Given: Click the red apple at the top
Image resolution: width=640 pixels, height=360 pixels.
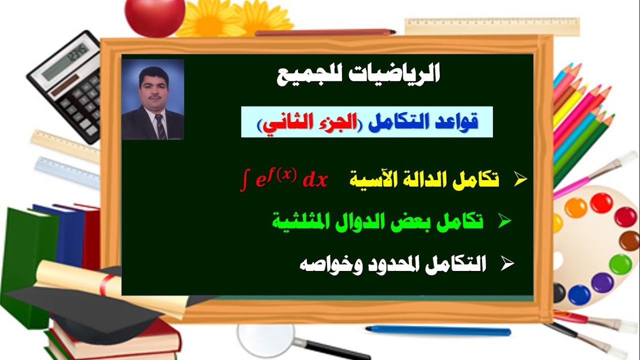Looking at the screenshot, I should click(x=154, y=16).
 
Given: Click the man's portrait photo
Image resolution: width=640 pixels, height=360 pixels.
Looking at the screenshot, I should click(x=153, y=99).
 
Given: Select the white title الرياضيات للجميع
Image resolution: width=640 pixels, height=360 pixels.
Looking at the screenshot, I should click(x=358, y=75).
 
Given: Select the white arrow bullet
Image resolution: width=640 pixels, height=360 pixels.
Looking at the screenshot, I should click(x=507, y=264).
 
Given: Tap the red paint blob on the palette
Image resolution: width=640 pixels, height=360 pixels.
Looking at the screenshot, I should click(x=600, y=202).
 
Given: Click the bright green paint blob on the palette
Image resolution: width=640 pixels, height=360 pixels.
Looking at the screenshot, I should click(x=620, y=264).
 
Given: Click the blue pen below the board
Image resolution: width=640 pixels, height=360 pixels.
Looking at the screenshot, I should click(x=437, y=330).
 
